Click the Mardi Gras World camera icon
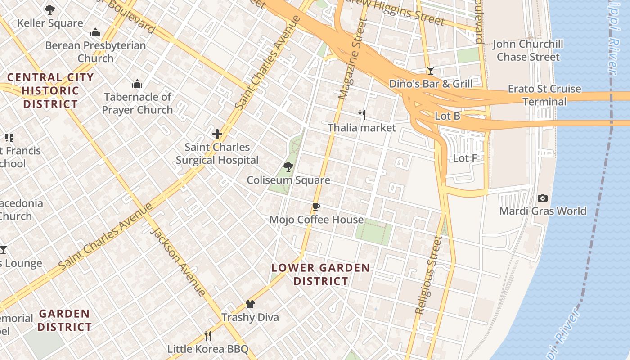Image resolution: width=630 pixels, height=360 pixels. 543,198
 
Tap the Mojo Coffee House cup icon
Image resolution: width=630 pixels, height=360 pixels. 316,207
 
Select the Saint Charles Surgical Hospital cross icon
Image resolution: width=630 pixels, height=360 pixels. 217,134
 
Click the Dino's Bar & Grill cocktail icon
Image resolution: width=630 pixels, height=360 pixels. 431,70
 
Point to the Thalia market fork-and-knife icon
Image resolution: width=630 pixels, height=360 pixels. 361,114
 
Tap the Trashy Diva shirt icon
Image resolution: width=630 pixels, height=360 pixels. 250,304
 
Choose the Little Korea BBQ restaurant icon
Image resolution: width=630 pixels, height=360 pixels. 208,335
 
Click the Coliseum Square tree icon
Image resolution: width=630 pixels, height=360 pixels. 288,167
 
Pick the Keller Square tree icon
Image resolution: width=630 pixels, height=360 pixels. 50,9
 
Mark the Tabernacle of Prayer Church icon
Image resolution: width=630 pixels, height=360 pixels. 137,84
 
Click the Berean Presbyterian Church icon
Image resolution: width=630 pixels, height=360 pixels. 95,32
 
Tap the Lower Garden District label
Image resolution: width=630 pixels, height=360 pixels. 320,274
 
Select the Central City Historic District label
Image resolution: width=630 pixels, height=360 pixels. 50,91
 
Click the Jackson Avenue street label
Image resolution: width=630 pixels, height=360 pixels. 178,261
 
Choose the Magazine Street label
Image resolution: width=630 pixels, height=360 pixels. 351,58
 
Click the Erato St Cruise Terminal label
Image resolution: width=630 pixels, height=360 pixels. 544,95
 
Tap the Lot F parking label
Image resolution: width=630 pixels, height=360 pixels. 465,158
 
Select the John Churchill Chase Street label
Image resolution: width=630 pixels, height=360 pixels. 528,50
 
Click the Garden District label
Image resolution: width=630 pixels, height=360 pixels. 64,320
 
